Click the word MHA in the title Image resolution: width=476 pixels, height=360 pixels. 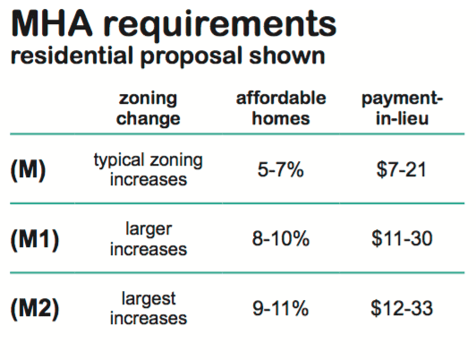52,23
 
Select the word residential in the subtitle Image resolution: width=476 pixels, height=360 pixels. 72,56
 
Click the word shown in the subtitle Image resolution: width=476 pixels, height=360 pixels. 287,56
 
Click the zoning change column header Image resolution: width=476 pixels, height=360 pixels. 149,108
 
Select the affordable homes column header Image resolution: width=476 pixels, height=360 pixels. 281,107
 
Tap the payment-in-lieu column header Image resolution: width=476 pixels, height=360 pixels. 403,108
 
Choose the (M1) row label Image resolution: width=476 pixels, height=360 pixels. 35,239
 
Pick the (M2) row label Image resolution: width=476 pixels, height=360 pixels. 35,309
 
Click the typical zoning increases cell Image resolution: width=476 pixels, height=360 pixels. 149,169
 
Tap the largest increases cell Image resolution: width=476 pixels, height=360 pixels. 149,308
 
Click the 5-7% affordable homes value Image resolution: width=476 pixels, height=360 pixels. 281,169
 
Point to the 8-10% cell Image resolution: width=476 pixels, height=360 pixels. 281,238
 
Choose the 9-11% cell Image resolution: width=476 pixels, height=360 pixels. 281,308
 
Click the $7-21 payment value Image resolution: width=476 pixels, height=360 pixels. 402,169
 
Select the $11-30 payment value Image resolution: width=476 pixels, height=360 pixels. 402,238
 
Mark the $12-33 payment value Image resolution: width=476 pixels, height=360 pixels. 402,308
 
